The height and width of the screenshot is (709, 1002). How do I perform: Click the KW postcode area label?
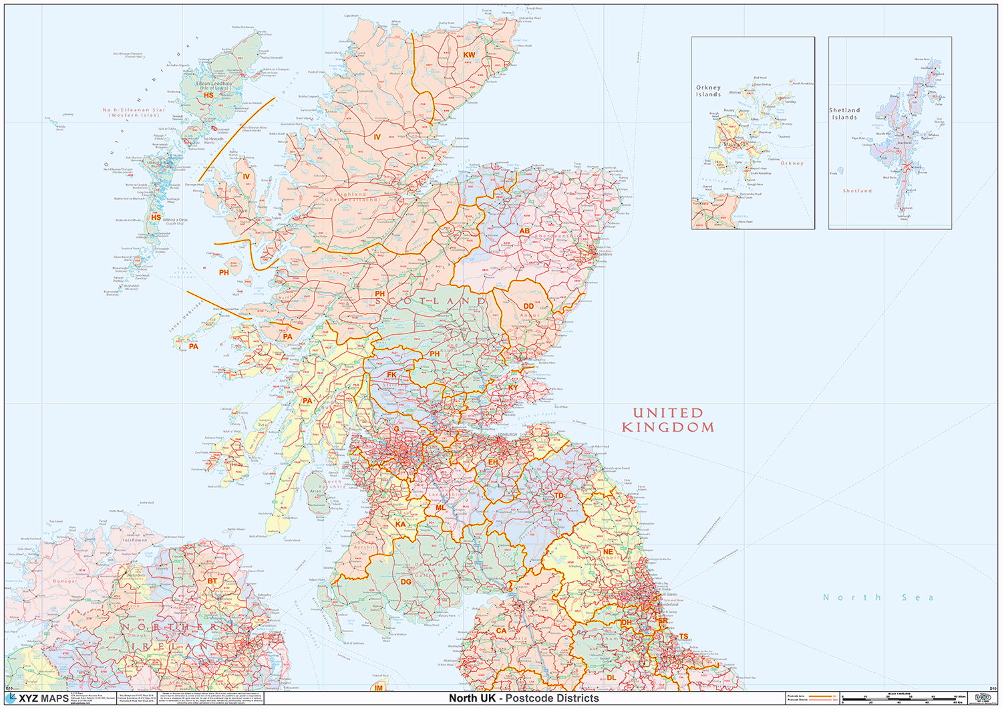click(470, 55)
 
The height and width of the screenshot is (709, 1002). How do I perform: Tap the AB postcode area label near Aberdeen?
click(524, 231)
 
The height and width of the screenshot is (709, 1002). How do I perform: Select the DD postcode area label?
click(528, 307)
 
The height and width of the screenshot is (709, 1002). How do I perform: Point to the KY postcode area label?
click(513, 388)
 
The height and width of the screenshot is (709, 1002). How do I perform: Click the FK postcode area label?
click(391, 375)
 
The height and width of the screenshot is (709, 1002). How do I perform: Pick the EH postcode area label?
click(493, 462)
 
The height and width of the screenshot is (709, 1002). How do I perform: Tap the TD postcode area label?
click(558, 496)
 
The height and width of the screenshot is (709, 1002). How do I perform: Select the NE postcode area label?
click(608, 552)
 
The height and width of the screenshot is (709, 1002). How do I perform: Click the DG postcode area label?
click(406, 582)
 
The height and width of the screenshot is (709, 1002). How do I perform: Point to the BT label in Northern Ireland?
click(212, 581)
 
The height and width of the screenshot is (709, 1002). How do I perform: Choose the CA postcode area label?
click(501, 630)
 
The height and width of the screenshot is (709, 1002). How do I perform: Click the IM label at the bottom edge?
click(379, 688)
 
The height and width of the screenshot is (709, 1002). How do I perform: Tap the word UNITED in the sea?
click(667, 413)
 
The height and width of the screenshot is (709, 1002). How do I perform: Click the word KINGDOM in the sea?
click(667, 427)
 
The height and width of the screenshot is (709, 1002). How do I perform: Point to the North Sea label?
click(878, 597)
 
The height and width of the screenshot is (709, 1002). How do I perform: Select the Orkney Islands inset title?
click(708, 91)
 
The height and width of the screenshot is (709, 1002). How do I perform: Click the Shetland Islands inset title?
click(844, 114)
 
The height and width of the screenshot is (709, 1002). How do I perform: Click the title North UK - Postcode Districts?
click(524, 698)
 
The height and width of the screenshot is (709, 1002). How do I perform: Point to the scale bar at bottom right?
click(902, 699)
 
